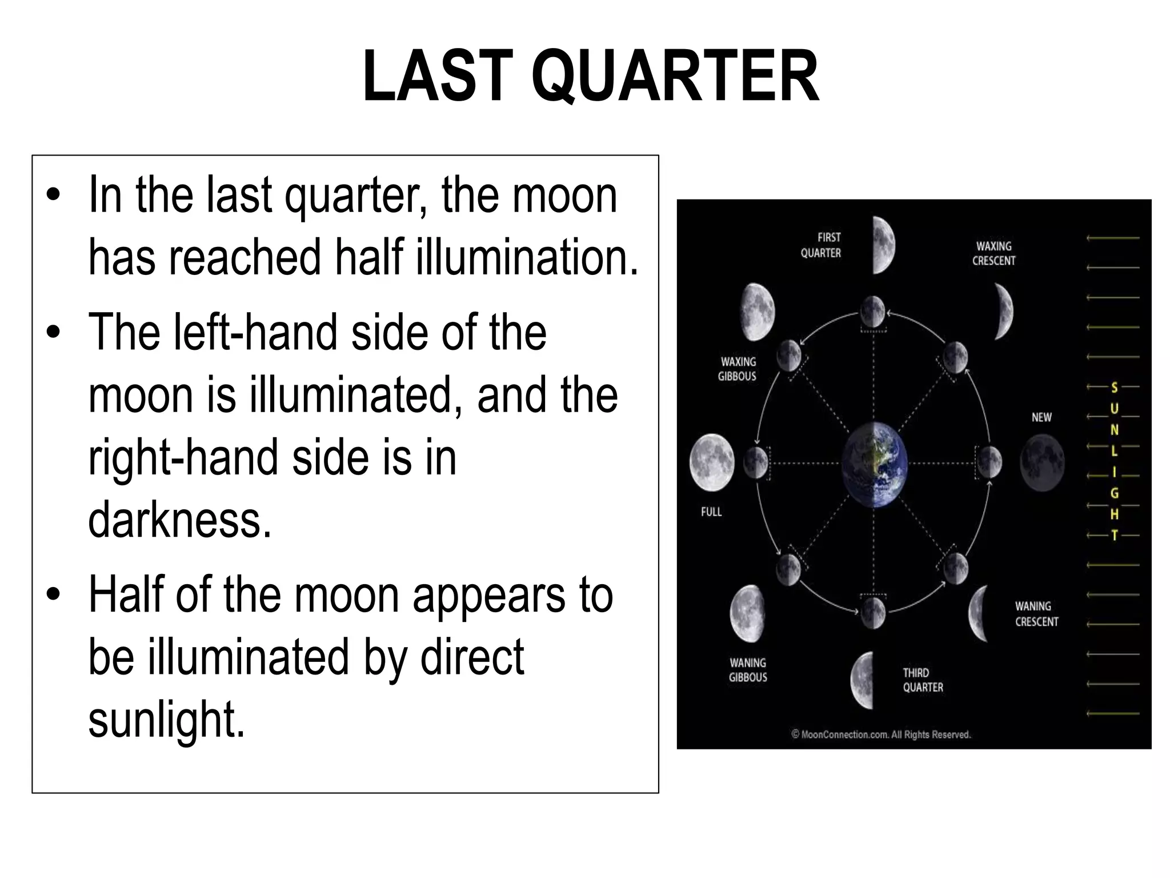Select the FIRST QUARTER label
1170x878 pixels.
click(822, 245)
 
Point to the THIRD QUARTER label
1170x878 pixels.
click(923, 680)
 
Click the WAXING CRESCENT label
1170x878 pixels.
click(994, 253)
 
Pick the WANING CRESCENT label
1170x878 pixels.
click(1036, 614)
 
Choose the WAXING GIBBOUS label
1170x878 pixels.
click(738, 369)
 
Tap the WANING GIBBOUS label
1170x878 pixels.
click(748, 670)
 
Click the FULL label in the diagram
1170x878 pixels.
click(711, 512)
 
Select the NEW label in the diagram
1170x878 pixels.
click(1041, 417)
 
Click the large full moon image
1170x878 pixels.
click(712, 462)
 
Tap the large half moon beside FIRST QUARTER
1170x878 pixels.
click(884, 246)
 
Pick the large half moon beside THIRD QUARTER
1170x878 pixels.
click(863, 680)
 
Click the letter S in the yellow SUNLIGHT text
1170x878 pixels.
click(1113, 388)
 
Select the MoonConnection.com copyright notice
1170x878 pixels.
click(881, 735)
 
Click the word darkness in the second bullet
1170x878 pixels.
click(179, 519)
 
